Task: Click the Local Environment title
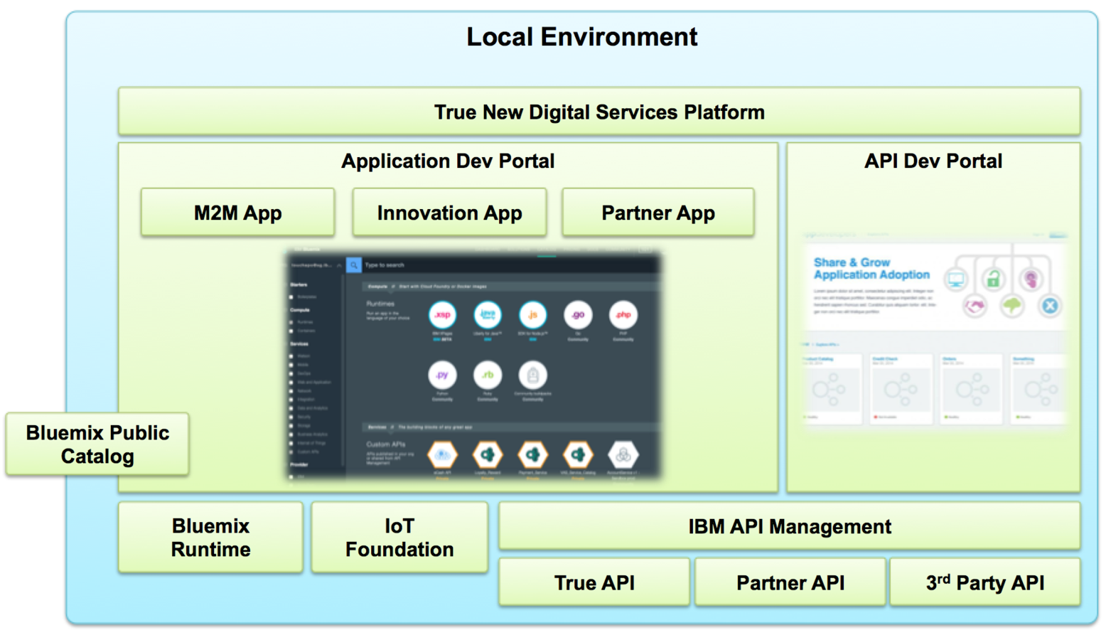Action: coord(581,37)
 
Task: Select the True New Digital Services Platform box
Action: coord(599,112)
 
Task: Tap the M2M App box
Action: coord(237,213)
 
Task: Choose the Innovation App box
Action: coord(449,213)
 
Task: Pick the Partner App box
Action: coord(658,213)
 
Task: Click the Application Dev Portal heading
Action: coord(448,161)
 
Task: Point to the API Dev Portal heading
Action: coord(933,161)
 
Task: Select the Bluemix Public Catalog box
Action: coord(97,444)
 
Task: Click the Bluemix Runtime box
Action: coord(210,538)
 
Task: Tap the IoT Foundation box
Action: coord(399,538)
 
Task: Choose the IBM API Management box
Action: coord(789,526)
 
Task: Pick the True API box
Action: coord(594,583)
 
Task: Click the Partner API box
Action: coord(790,583)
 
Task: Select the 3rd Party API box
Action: coord(985,583)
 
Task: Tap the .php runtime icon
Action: coord(623,314)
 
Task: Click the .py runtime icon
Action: coord(442,375)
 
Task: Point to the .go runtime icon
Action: coord(578,314)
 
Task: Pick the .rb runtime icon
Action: coord(488,375)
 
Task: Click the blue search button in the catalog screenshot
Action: coord(353,265)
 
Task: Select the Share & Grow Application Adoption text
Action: coord(871,269)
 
